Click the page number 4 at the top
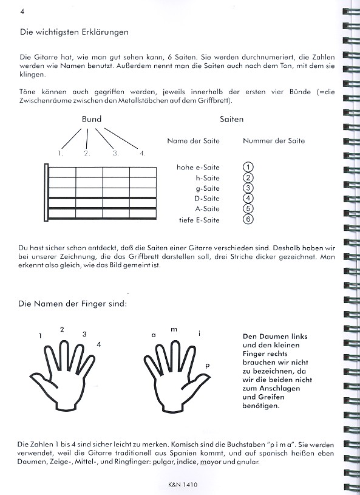(x=22, y=12)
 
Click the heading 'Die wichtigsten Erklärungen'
(x=74, y=32)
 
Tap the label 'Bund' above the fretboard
(x=92, y=119)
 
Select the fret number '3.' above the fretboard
(x=116, y=154)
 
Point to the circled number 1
(x=248, y=167)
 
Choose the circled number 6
(x=248, y=219)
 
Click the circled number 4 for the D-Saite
(x=248, y=198)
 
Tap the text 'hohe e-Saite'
(x=198, y=167)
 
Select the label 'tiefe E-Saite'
(x=199, y=220)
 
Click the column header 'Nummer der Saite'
(x=274, y=141)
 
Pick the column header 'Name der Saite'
(x=194, y=141)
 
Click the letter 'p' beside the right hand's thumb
(x=207, y=366)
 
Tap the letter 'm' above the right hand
(x=174, y=330)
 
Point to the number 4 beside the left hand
(x=99, y=344)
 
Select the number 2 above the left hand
(x=62, y=330)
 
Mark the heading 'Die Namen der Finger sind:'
(x=73, y=304)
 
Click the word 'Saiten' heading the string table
(x=231, y=119)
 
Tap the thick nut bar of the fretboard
(x=46, y=193)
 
